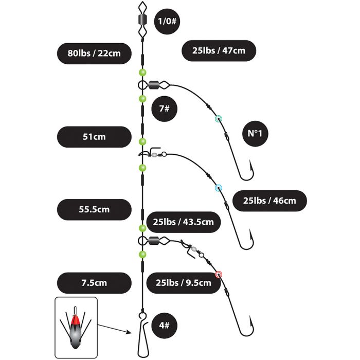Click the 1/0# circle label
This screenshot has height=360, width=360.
(x=167, y=22)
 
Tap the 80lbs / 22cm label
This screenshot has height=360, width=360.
(x=94, y=53)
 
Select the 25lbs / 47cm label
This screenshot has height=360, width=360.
(x=219, y=51)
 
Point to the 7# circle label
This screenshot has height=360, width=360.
(x=165, y=109)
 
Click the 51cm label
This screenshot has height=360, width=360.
(x=94, y=137)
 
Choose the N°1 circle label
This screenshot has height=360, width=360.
(x=255, y=133)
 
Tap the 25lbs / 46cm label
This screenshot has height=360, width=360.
(x=269, y=201)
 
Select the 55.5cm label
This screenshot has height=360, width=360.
(x=94, y=210)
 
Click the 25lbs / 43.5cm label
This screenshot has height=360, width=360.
(x=184, y=222)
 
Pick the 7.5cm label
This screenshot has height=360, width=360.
(x=94, y=283)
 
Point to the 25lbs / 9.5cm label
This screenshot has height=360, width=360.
(x=184, y=283)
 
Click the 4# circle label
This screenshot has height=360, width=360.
(x=165, y=326)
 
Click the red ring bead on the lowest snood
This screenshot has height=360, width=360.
(x=219, y=274)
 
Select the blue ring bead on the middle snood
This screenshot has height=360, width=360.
(x=219, y=188)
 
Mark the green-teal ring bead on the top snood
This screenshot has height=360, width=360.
(x=219, y=119)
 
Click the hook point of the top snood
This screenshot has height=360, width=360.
(x=250, y=160)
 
